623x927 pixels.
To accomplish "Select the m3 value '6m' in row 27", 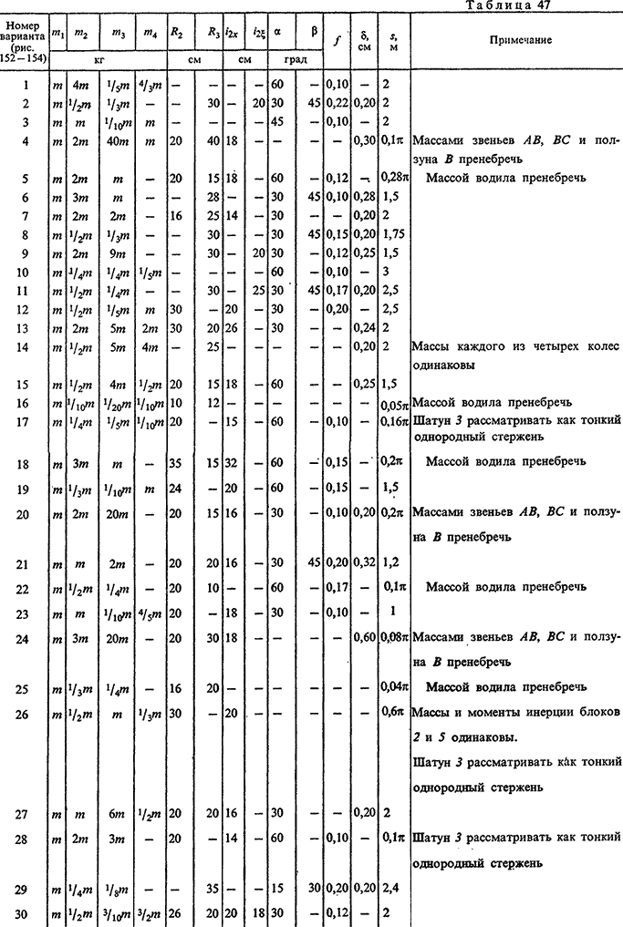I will [118, 810].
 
